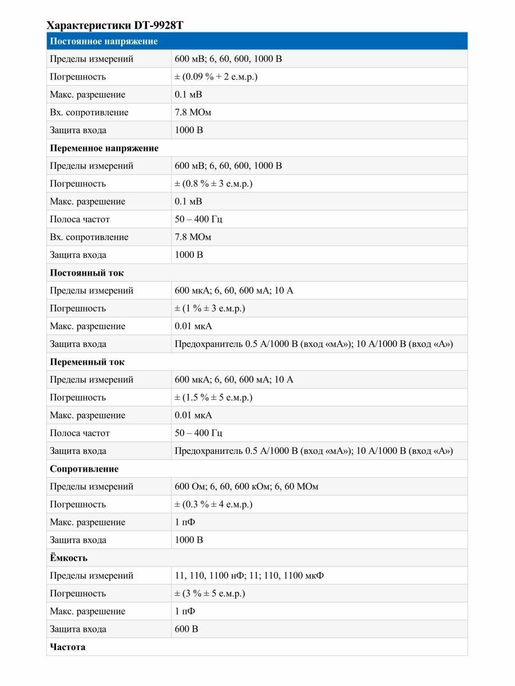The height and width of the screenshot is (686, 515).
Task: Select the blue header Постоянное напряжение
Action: tap(104, 41)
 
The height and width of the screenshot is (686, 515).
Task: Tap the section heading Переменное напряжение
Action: tap(104, 148)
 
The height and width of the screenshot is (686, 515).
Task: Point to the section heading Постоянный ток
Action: tap(86, 273)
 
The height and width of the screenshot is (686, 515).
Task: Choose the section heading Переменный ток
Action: tap(87, 362)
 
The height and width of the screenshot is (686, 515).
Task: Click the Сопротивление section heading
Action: tap(84, 469)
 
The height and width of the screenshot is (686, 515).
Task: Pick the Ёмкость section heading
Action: tap(69, 557)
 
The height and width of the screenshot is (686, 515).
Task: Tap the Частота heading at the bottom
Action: tap(68, 647)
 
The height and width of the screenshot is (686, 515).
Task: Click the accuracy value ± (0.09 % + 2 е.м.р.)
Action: tap(216, 77)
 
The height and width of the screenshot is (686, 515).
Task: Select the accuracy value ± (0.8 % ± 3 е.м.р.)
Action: tap(213, 184)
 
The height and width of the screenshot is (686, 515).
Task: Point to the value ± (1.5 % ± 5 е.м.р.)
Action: tap(213, 397)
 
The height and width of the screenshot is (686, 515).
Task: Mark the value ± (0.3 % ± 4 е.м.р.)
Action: tap(213, 504)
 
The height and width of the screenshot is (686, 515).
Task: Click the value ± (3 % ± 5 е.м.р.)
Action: tap(209, 593)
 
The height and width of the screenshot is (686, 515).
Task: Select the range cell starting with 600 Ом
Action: tap(246, 486)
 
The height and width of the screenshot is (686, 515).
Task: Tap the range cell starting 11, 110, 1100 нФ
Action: tap(249, 576)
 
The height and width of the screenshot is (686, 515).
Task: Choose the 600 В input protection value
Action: tap(187, 629)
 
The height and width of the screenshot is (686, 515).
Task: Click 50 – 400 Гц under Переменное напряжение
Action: tap(199, 219)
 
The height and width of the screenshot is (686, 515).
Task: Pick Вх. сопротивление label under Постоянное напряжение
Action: tap(89, 112)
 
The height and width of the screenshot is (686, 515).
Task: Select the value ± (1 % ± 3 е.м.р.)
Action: tap(209, 308)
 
